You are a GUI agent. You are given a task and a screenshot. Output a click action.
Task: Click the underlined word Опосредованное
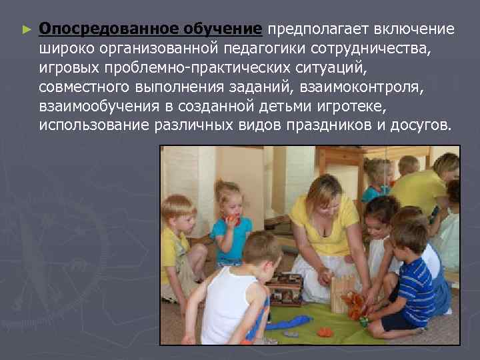tap(93, 30)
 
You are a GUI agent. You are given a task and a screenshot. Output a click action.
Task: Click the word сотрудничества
tap(383, 49)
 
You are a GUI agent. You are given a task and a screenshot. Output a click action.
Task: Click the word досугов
tap(418, 127)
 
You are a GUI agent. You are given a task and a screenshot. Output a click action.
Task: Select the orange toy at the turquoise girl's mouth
tap(231, 219)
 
